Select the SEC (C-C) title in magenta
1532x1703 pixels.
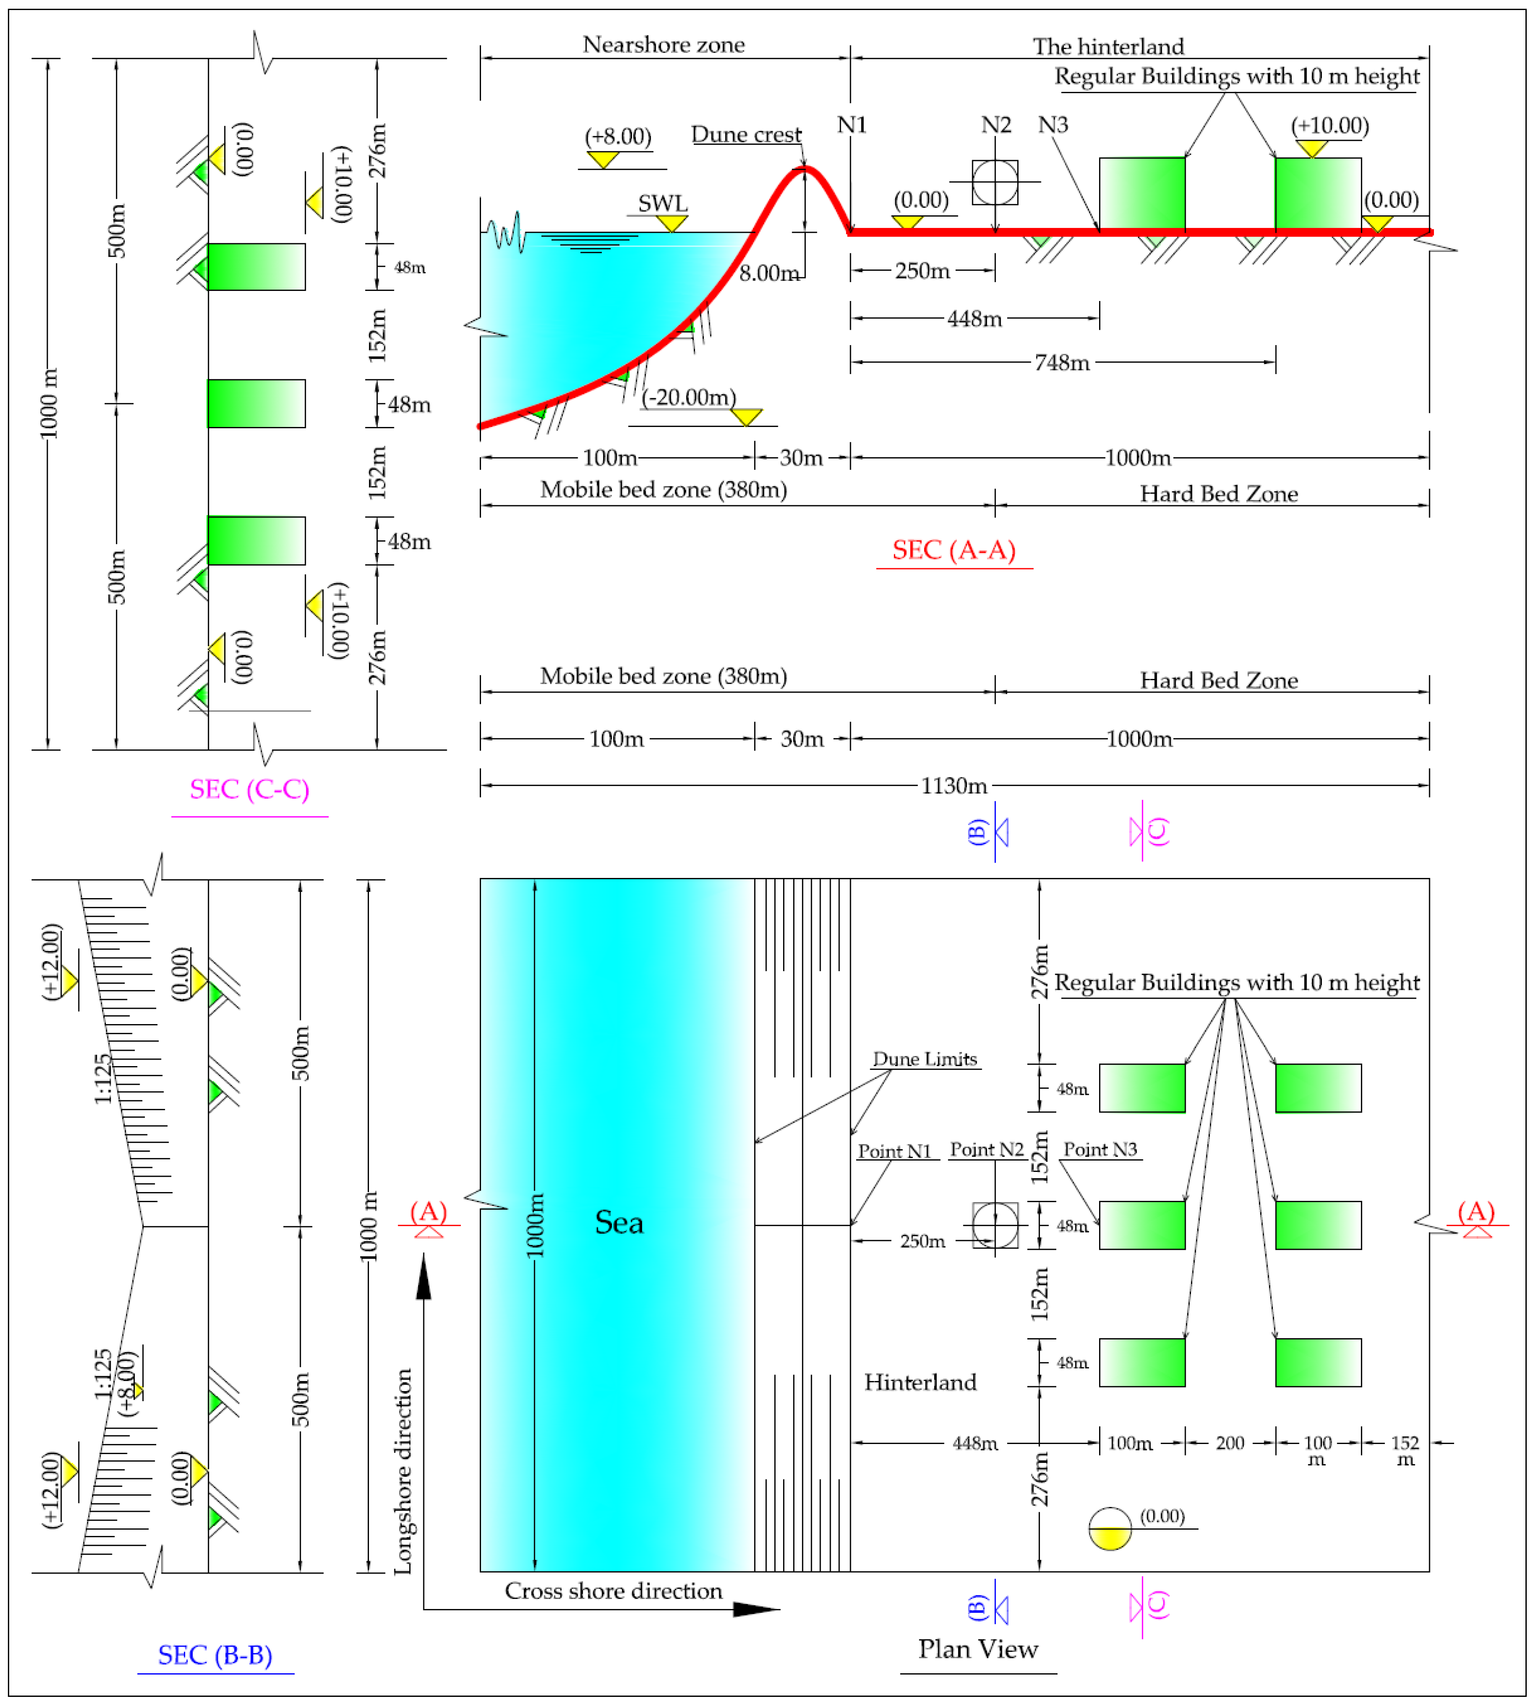click(x=249, y=789)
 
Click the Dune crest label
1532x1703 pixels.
click(x=746, y=135)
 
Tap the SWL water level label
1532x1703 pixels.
click(x=662, y=203)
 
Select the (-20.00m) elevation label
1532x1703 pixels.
click(x=689, y=397)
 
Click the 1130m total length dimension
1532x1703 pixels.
click(x=954, y=786)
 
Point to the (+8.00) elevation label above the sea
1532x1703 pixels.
click(x=618, y=136)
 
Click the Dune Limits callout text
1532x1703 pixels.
click(x=924, y=1060)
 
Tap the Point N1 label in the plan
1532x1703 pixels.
click(x=894, y=1151)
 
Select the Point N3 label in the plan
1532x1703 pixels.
click(x=1100, y=1149)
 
